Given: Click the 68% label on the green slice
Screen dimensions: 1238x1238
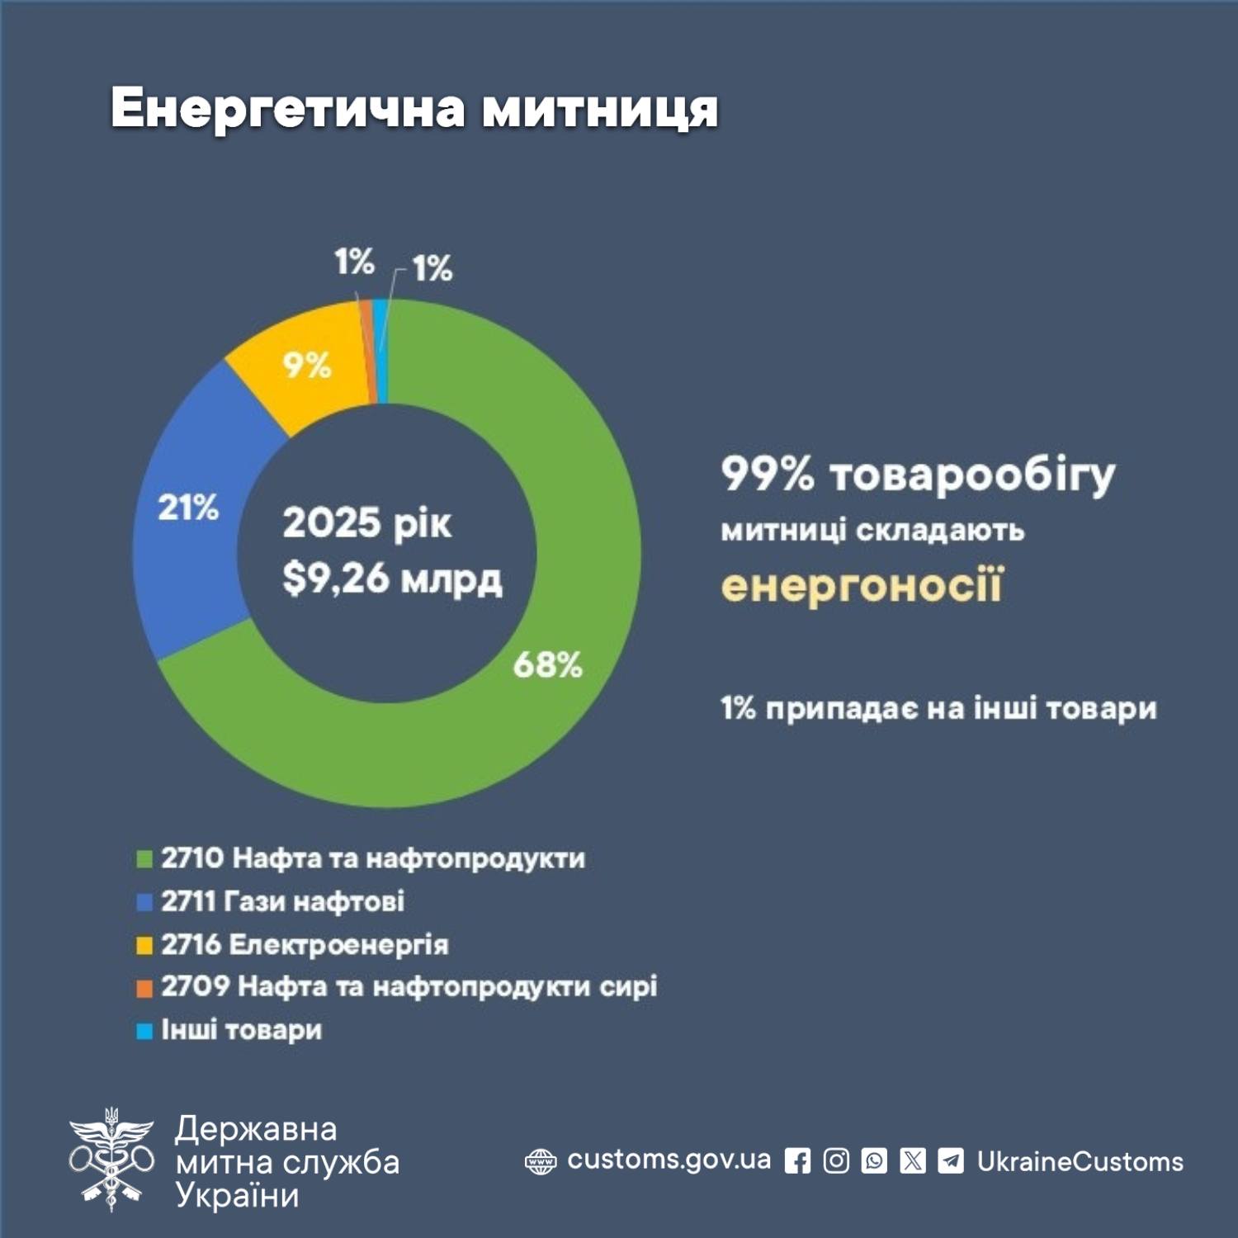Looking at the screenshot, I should click(x=547, y=664).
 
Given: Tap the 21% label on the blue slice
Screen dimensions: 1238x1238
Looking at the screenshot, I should click(x=188, y=508).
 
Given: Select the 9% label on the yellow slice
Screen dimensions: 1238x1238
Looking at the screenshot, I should click(x=307, y=365).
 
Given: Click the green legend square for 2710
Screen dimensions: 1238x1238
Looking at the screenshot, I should click(x=144, y=859).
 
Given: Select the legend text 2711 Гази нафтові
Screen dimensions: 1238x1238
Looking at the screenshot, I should click(x=282, y=901).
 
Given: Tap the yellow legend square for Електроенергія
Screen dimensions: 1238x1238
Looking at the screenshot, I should click(x=144, y=945).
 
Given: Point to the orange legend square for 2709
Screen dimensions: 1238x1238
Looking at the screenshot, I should click(x=144, y=988).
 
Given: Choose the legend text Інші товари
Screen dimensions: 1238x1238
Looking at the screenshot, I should click(x=241, y=1030).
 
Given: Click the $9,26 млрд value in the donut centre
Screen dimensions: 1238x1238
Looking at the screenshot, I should click(x=392, y=579).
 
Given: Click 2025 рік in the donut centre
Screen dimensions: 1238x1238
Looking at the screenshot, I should click(x=367, y=523).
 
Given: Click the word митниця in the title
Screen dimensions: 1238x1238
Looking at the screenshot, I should click(x=600, y=108).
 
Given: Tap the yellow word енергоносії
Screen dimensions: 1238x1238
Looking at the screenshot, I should click(x=862, y=585).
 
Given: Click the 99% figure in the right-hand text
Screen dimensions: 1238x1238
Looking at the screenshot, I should click(x=768, y=475).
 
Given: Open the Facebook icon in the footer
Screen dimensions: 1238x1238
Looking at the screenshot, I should click(x=797, y=1161).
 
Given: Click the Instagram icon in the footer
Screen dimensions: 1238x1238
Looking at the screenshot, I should click(x=836, y=1161).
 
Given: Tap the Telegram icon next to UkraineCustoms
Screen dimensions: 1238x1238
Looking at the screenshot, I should click(x=951, y=1161).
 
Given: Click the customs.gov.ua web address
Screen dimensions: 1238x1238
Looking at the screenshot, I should click(x=669, y=1160).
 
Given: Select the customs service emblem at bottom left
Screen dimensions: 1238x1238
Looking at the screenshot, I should click(x=111, y=1160).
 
